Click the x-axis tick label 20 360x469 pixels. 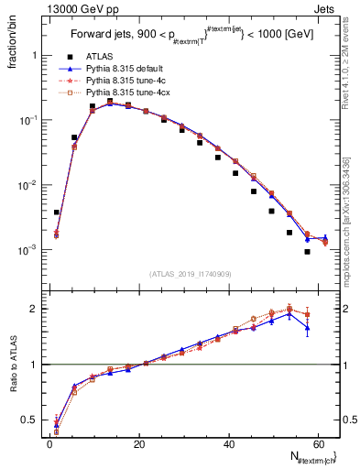pyautogui.click(x=139, y=444)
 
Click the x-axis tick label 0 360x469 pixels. pyautogui.click(x=49, y=444)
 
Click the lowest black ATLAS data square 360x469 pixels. pyautogui.click(x=308, y=252)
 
